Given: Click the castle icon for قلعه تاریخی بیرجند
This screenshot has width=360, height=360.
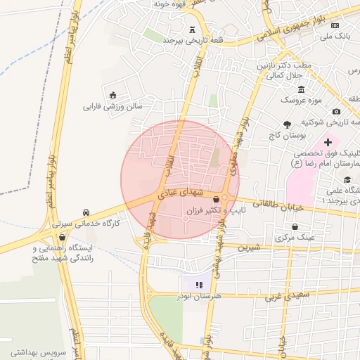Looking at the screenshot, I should click(193, 29).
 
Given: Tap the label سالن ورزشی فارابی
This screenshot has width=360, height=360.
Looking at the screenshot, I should click(112, 107).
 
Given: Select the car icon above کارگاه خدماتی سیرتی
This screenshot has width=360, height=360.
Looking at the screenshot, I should click(86, 212).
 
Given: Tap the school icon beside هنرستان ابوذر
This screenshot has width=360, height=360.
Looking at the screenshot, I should click(198, 285).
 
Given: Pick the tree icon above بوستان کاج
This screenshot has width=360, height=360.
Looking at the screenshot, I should click(286, 124).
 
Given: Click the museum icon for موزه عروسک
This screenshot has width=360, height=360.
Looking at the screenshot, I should click(302, 90).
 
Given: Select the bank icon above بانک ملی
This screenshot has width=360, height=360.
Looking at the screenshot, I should click(344, 24).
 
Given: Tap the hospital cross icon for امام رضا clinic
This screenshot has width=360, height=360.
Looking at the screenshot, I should click(328, 143).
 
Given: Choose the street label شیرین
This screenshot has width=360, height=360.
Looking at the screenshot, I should click(248, 247).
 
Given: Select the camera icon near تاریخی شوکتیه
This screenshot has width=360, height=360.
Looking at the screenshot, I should click(336, 112).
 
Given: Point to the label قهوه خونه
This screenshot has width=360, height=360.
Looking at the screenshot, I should click(172, 4).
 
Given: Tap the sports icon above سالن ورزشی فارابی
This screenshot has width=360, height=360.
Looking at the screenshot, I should click(112, 95).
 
